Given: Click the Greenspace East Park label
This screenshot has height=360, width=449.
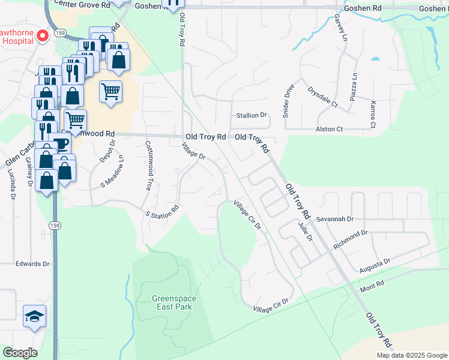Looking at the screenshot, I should [171, 302].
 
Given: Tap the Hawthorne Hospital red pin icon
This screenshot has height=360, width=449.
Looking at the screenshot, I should [43, 36].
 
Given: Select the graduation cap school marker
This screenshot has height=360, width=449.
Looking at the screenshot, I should [34, 316].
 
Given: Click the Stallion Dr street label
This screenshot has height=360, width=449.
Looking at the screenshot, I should [251, 115].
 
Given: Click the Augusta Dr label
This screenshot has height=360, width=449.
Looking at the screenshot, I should [375, 265].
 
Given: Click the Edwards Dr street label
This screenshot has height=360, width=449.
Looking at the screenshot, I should [32, 263].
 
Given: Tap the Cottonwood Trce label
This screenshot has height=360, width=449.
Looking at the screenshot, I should [149, 166].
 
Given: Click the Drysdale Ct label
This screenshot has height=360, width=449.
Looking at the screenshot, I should [323, 98].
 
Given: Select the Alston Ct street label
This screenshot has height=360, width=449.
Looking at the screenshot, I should [329, 129].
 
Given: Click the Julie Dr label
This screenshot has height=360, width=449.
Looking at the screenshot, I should [306, 231].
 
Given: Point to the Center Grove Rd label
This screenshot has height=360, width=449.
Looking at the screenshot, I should [82, 4].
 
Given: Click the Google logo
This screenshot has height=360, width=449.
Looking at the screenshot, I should [20, 353].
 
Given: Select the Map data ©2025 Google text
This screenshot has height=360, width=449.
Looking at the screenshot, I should [411, 355].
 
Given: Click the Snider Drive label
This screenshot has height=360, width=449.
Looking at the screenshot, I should [287, 101].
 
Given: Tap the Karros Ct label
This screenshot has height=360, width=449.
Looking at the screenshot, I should [373, 115].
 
